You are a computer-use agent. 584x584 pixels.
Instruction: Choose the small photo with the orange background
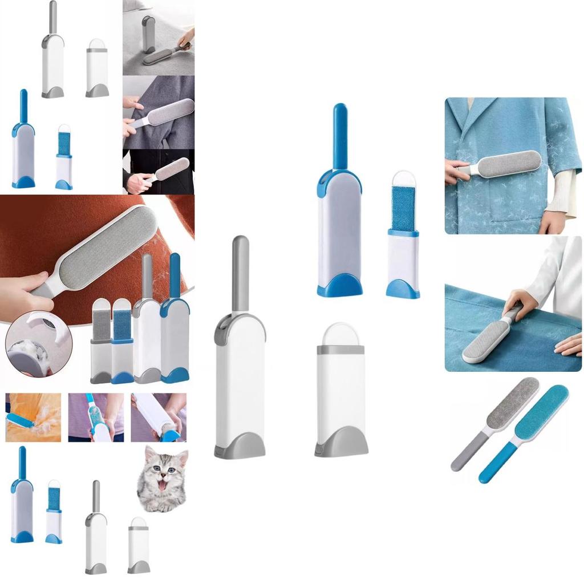point(33,417)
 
